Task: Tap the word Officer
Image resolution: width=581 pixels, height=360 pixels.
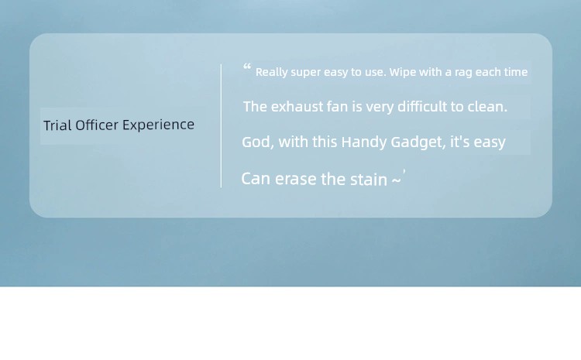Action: pyautogui.click(x=97, y=125)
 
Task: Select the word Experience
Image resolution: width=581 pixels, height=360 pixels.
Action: pyautogui.click(x=158, y=125)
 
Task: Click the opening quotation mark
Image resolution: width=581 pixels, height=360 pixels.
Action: pyautogui.click(x=247, y=67)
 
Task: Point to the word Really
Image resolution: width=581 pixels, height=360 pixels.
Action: pyautogui.click(x=272, y=72)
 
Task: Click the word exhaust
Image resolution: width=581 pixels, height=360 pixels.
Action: pyautogui.click(x=297, y=107)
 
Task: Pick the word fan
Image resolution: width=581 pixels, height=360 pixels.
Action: pyautogui.click(x=338, y=107)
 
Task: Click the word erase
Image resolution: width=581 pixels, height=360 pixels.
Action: pyautogui.click(x=296, y=180)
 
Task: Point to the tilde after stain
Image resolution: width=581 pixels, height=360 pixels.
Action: pyautogui.click(x=396, y=180)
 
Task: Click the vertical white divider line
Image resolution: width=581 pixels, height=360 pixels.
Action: pyautogui.click(x=222, y=126)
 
